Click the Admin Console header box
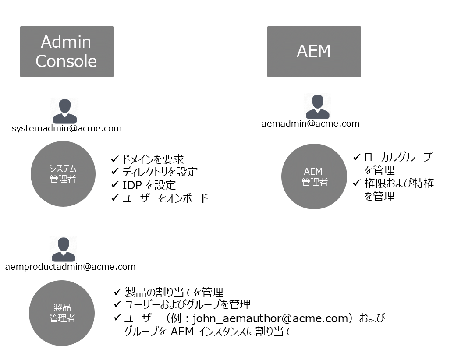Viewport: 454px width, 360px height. pyautogui.click(x=67, y=52)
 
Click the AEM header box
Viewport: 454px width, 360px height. pyautogui.click(x=314, y=52)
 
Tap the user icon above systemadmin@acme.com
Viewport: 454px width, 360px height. pyautogui.click(x=64, y=111)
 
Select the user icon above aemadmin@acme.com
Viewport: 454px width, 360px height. pyautogui.click(x=317, y=106)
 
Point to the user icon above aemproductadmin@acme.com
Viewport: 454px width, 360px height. pyautogui.click(x=64, y=249)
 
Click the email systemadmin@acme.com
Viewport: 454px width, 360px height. pyautogui.click(x=67, y=128)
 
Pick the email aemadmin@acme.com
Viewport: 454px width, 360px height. pyautogui.click(x=310, y=124)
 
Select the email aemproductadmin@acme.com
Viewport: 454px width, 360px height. pyautogui.click(x=70, y=266)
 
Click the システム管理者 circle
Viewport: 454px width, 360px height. pyautogui.click(x=63, y=174)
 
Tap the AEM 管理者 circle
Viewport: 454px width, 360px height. pyautogui.click(x=314, y=176)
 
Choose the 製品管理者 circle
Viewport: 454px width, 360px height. pyautogui.click(x=62, y=313)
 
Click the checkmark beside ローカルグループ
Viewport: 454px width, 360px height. pyautogui.click(x=357, y=157)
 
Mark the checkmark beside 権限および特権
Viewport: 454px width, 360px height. pyautogui.click(x=357, y=184)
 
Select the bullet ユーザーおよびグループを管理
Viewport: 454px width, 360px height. pyautogui.click(x=187, y=305)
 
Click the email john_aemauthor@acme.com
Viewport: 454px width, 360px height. pyautogui.click(x=270, y=318)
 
